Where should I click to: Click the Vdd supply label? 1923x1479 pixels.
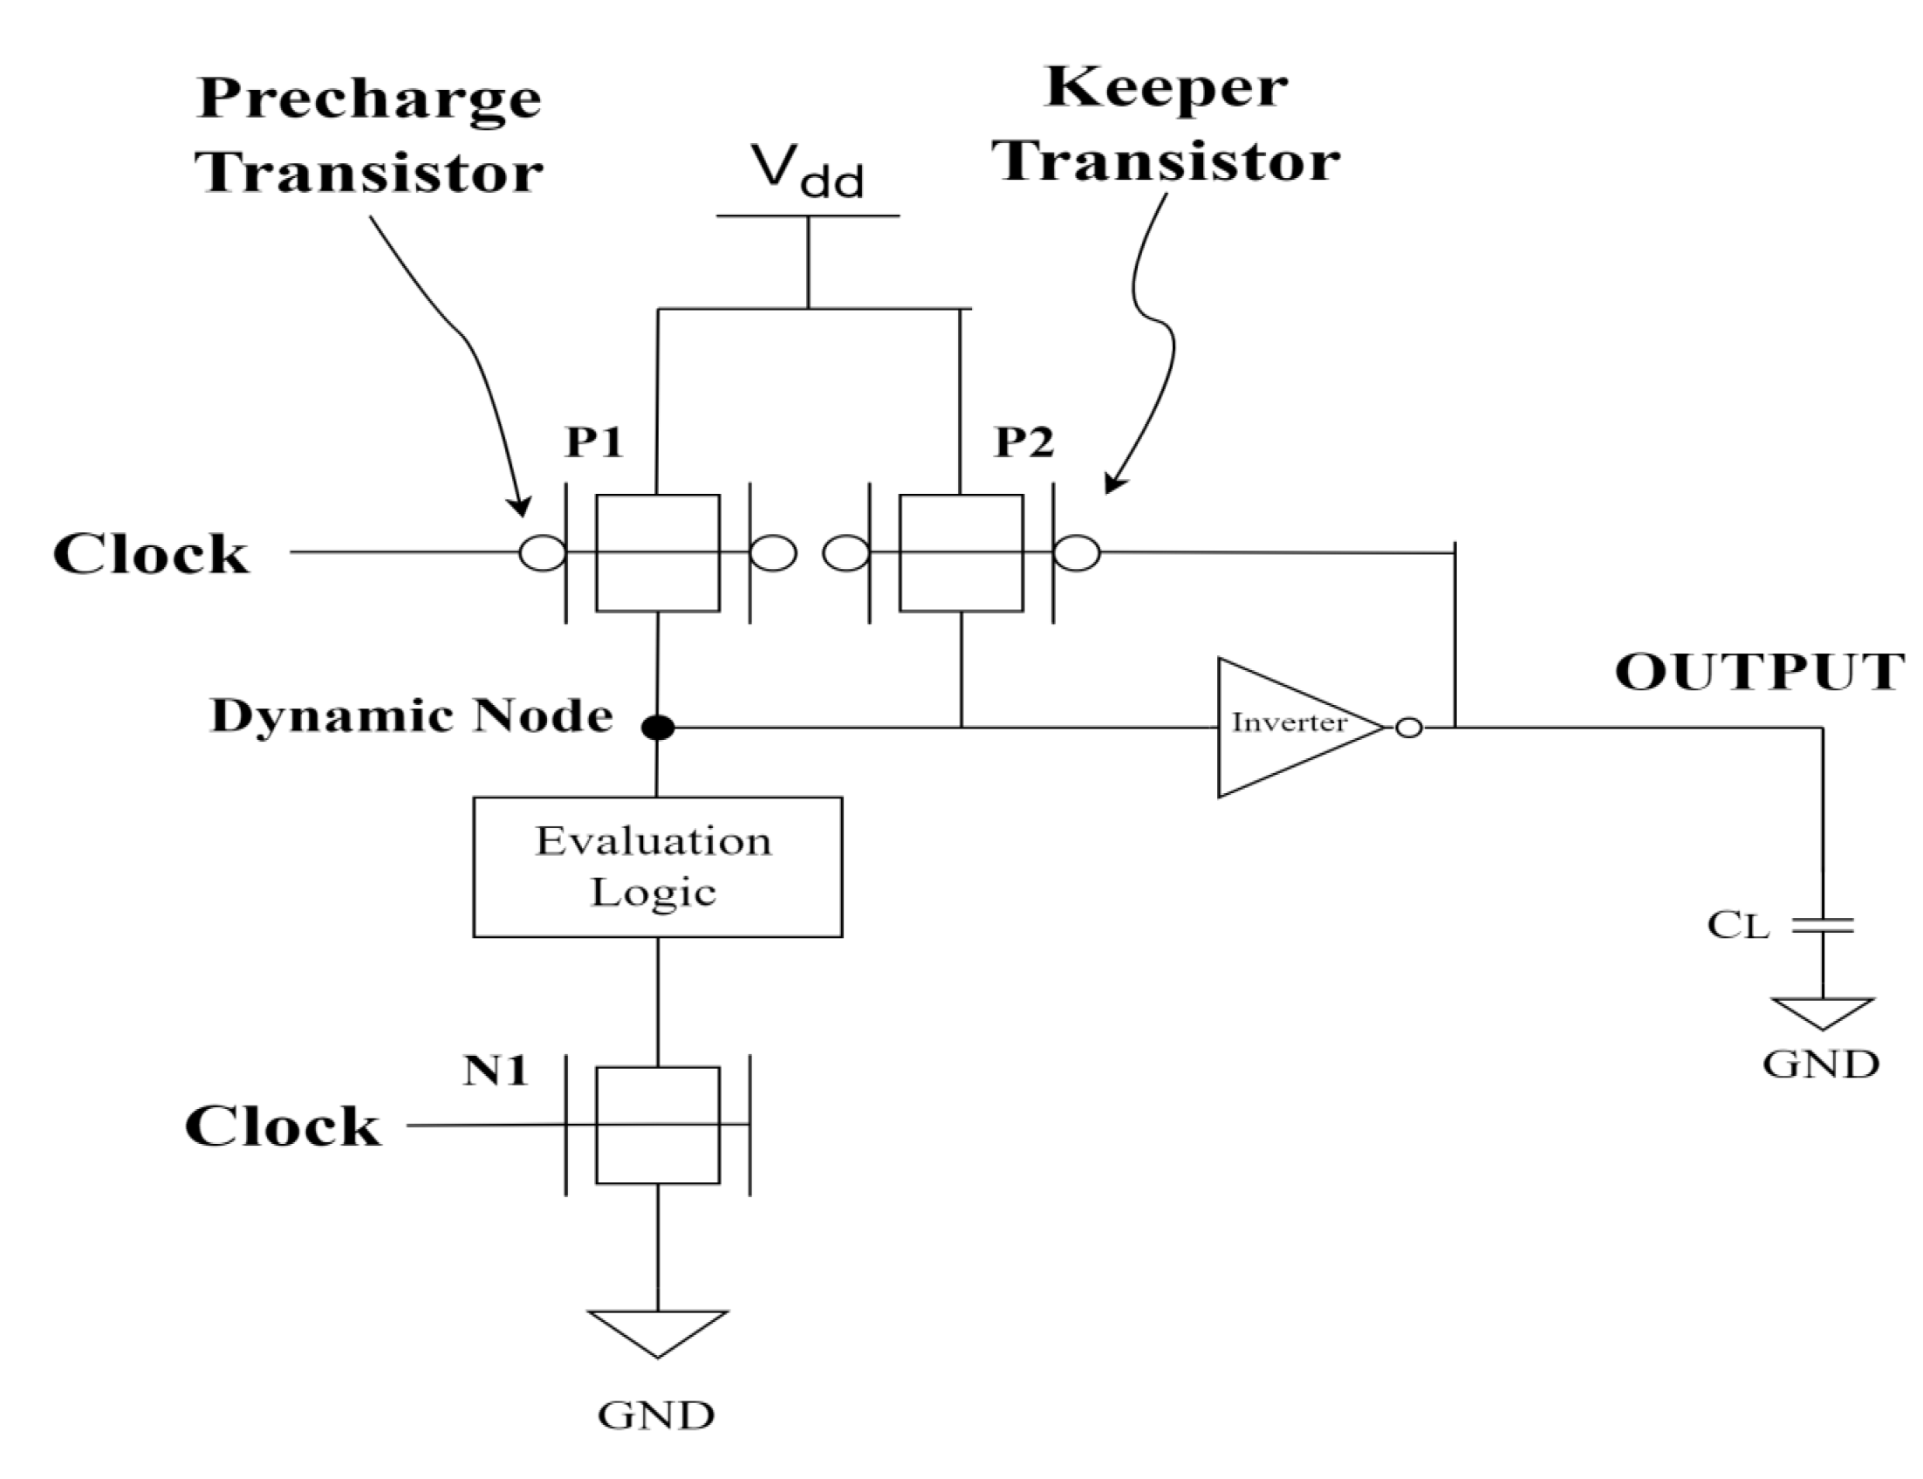point(806,170)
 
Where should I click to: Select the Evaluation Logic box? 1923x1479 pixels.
point(656,866)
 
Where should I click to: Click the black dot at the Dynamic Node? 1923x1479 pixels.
point(657,727)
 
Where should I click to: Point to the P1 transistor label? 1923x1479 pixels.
point(594,441)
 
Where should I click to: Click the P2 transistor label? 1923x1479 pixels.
point(1023,441)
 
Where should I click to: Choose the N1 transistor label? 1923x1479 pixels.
point(496,1071)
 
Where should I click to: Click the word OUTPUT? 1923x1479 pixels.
point(1758,673)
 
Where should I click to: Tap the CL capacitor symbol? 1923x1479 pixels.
point(1822,924)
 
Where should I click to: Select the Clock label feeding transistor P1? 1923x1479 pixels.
point(150,554)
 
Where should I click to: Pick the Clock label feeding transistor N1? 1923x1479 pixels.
point(283,1126)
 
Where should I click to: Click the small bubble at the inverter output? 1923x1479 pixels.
point(1408,727)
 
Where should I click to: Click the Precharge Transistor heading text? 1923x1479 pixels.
point(369,134)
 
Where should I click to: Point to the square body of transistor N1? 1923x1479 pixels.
point(656,1125)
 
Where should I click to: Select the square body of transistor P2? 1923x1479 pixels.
point(960,553)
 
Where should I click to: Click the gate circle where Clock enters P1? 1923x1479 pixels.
point(542,553)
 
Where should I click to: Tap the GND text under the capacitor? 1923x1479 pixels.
point(1820,1065)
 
